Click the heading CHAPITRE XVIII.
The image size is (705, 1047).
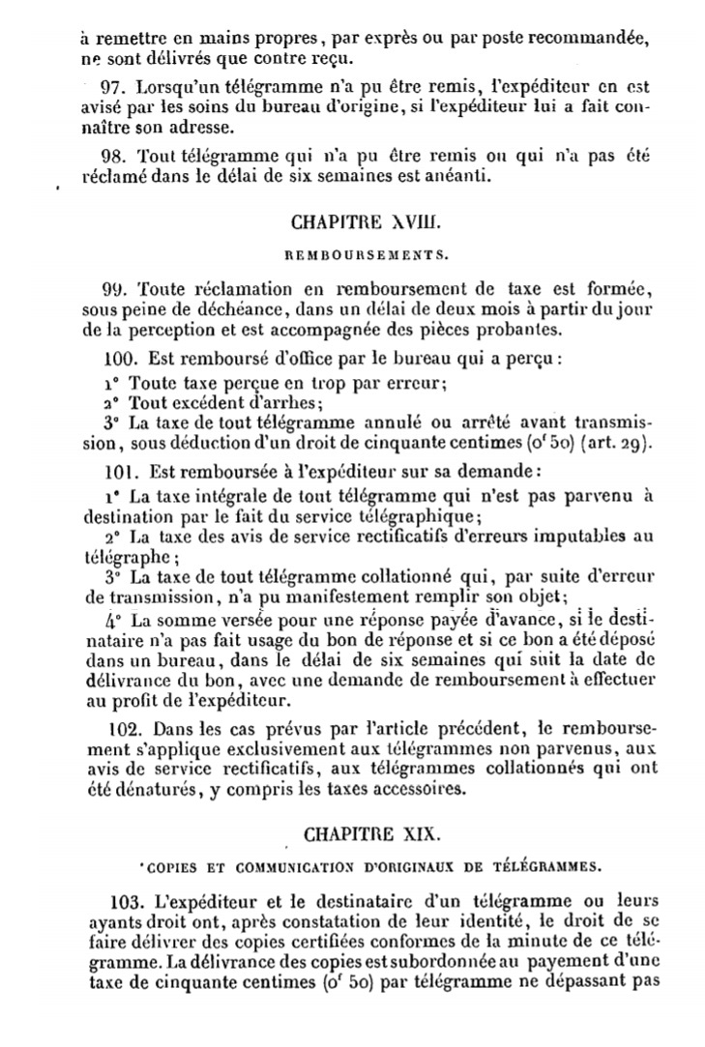click(365, 220)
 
